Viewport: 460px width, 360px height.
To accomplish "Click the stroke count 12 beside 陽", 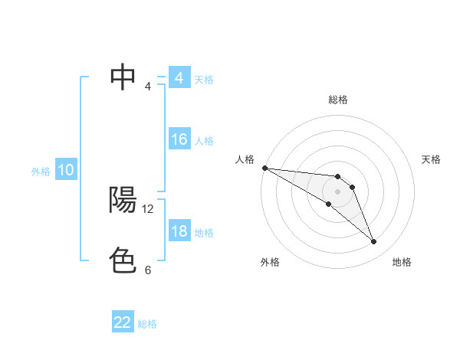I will pyautogui.click(x=148, y=208).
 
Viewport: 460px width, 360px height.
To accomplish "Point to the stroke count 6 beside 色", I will pyautogui.click(x=148, y=270).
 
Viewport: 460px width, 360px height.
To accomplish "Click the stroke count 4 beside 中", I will pyautogui.click(x=148, y=86).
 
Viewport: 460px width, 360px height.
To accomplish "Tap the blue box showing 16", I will pyautogui.click(x=179, y=139).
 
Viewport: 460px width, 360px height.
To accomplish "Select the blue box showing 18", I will pyautogui.click(x=179, y=232).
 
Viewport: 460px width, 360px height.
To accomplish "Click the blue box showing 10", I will pyautogui.click(x=66, y=171).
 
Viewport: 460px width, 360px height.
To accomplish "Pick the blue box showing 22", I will pyautogui.click(x=123, y=322).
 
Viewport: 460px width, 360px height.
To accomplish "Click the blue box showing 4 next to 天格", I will pyautogui.click(x=179, y=78).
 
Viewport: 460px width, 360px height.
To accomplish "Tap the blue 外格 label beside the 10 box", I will pyautogui.click(x=41, y=172).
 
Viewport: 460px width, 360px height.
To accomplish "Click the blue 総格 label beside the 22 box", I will pyautogui.click(x=147, y=324).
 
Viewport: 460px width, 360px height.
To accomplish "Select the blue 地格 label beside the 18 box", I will pyautogui.click(x=204, y=233).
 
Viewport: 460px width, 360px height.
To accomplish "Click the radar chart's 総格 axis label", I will pyautogui.click(x=338, y=100).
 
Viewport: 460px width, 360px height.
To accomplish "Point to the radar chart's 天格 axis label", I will pyautogui.click(x=432, y=159).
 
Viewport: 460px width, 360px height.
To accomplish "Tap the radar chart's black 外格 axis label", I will pyautogui.click(x=270, y=262).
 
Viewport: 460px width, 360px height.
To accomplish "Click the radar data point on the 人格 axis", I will pyautogui.click(x=264, y=168).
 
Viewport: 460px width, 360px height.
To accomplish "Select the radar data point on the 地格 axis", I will pyautogui.click(x=374, y=242).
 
